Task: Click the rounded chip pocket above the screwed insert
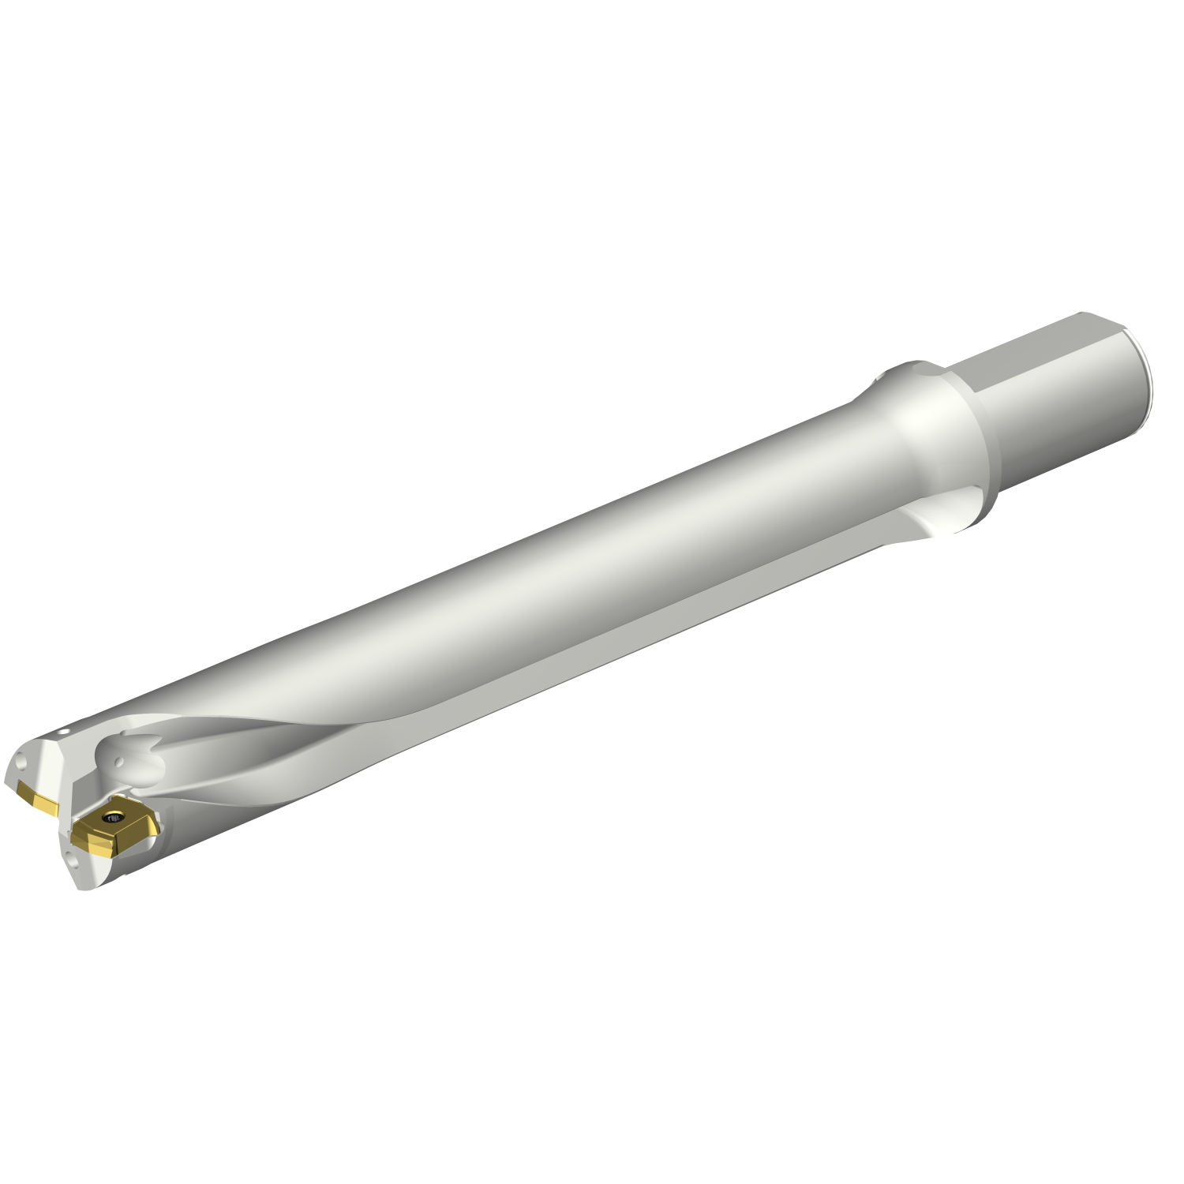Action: pos(130,754)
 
